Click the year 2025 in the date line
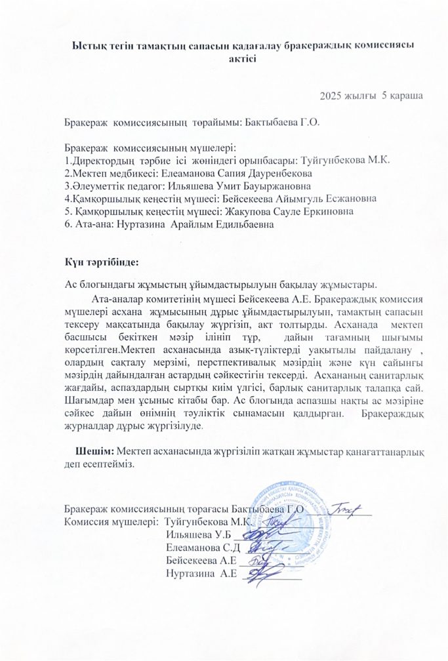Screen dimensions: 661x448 (331, 96)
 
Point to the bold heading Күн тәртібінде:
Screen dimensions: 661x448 (101, 263)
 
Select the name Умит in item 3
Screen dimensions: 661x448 (218, 186)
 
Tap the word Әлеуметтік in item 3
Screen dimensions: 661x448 (93, 186)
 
